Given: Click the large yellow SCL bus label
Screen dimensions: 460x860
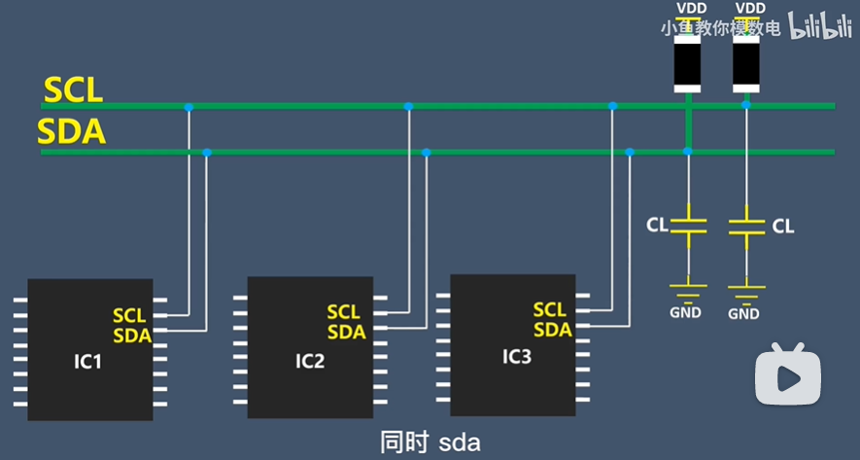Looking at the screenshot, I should (x=73, y=90).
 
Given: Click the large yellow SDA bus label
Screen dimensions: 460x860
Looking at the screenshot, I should (x=71, y=130).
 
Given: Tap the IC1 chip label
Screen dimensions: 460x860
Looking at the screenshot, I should (x=87, y=363).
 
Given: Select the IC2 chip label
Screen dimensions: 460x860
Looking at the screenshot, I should (x=310, y=362).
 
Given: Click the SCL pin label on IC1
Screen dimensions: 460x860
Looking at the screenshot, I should (x=128, y=316).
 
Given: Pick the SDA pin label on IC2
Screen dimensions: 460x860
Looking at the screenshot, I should (x=346, y=333).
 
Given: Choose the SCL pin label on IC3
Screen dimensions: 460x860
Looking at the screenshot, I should (x=549, y=310).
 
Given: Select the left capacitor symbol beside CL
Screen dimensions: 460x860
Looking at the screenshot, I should (x=688, y=226).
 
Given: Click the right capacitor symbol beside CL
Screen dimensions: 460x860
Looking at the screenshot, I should (x=745, y=227).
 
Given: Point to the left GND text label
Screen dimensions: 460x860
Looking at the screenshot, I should (x=687, y=311).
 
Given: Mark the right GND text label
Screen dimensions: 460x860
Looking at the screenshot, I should (x=743, y=314).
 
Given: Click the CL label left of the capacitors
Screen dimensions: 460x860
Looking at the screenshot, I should (x=657, y=226).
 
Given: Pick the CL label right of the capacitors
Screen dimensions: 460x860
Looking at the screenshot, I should (x=783, y=227).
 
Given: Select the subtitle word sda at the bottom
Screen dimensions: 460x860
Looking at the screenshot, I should (x=460, y=443).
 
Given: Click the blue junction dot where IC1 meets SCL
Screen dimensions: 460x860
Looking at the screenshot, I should (x=189, y=106).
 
